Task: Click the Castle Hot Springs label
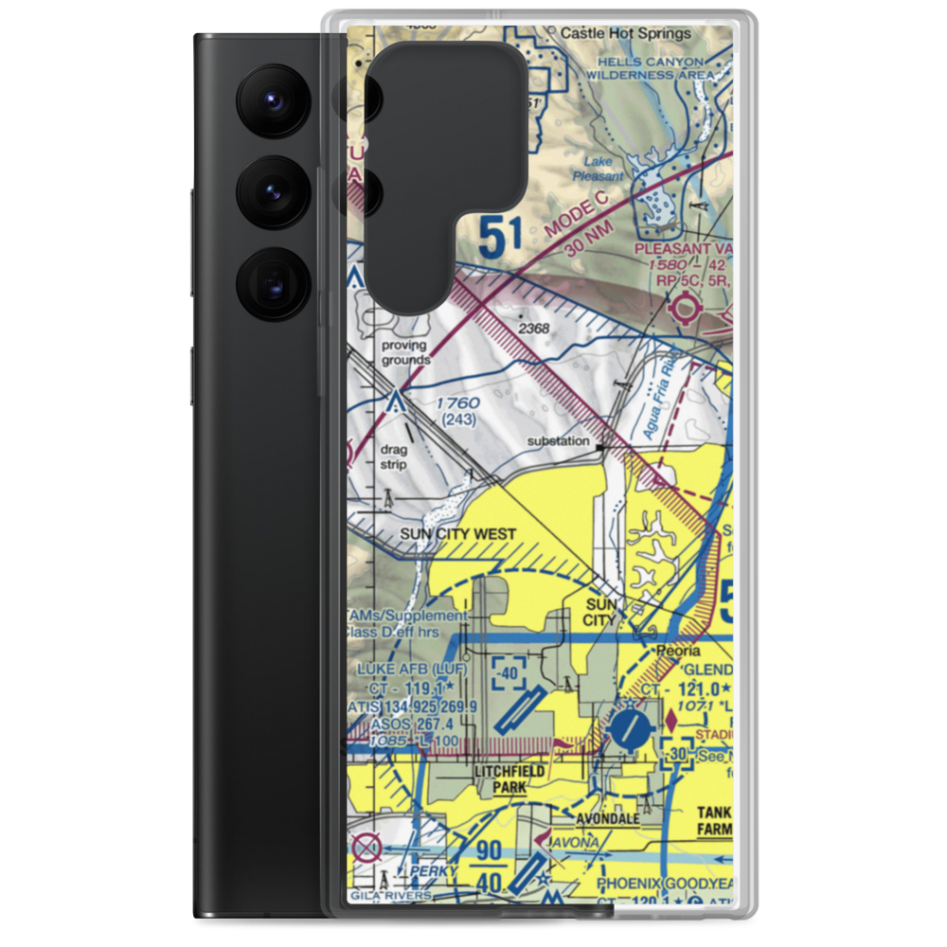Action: point(625,32)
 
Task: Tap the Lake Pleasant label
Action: point(599,169)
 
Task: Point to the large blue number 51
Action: point(500,237)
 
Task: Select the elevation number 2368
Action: point(533,329)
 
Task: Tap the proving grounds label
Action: point(404,352)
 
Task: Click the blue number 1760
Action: point(458,403)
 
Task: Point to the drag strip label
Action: point(393,457)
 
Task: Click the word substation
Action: point(557,441)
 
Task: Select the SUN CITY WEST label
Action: point(457,534)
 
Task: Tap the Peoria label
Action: point(680,652)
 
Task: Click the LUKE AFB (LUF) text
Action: point(412,669)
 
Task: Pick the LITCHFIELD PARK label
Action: point(509,778)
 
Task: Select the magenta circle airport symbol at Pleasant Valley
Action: point(685,307)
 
